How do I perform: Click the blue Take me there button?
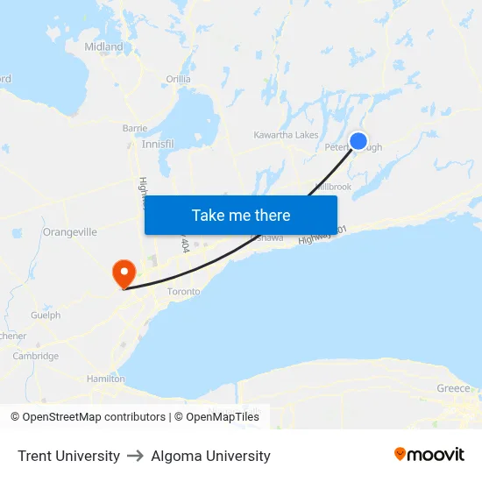tap(241, 215)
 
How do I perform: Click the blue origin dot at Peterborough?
tap(358, 140)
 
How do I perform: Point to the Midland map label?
tap(103, 46)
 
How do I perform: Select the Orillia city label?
tap(178, 79)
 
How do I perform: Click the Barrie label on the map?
tap(135, 128)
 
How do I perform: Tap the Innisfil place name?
tap(158, 144)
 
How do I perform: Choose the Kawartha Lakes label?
tap(286, 135)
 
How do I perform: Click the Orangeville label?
tap(69, 232)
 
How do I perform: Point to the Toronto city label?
tap(183, 291)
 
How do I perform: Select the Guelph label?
tap(45, 315)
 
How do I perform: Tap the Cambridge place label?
tap(36, 356)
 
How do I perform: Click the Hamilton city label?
tap(106, 379)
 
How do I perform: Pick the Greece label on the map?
tap(453, 388)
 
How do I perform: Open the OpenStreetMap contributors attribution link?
tap(94, 417)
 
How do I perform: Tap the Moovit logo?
tap(429, 455)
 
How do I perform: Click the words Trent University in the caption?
tap(68, 456)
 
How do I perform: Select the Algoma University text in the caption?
tap(210, 456)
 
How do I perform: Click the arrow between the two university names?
tap(135, 456)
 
